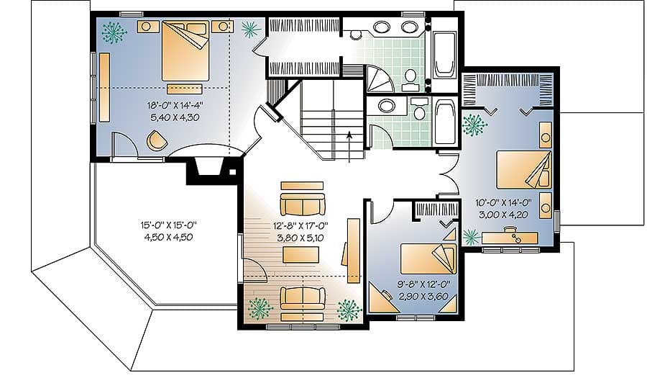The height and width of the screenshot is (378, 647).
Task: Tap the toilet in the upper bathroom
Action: pos(410,76)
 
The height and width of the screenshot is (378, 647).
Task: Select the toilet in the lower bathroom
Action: pos(419,110)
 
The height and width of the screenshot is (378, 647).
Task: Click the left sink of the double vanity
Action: pos(382,28)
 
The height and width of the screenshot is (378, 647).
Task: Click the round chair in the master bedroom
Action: pos(157,141)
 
